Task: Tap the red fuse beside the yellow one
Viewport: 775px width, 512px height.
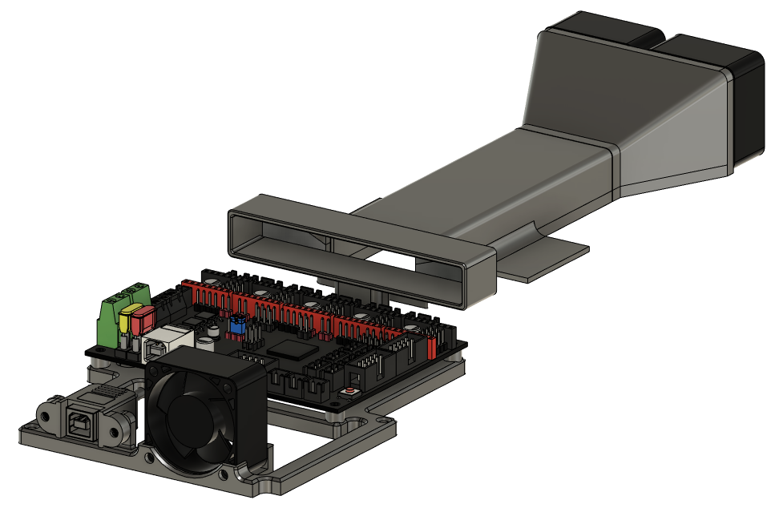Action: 143,321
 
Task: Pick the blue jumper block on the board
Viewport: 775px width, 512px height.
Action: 237,325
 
